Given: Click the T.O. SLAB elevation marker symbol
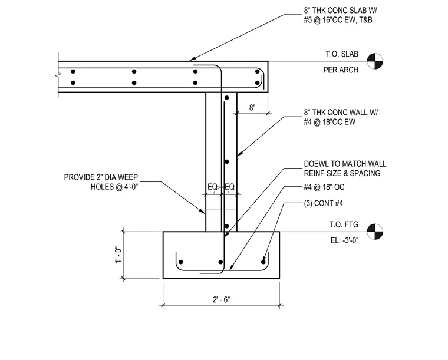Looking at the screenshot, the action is [x=375, y=61].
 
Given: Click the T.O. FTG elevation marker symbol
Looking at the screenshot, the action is [x=375, y=232].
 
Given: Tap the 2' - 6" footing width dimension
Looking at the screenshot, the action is [x=221, y=299].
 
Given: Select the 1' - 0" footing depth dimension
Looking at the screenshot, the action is [x=118, y=255].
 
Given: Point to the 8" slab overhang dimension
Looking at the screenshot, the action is [x=252, y=108].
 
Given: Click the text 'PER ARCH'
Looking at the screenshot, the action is [x=341, y=70].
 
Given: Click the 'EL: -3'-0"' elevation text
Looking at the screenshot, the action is [x=344, y=240].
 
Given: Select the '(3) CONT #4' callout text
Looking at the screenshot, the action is [x=324, y=203].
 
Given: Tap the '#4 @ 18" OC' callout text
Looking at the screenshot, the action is [x=324, y=187].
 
